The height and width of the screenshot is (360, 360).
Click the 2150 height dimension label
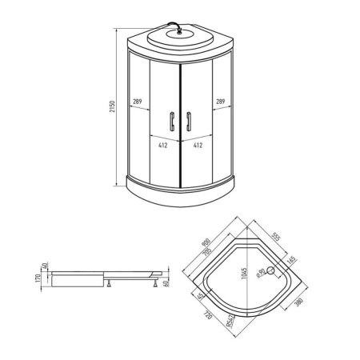(113, 106)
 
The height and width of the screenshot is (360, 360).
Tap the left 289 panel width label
(138, 102)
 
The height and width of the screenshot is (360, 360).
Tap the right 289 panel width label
(221, 102)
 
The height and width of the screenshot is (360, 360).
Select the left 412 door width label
(163, 146)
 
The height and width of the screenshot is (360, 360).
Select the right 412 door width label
(198, 146)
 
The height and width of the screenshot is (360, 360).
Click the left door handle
(172, 122)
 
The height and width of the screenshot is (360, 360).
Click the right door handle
(189, 122)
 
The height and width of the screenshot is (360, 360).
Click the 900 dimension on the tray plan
(206, 242)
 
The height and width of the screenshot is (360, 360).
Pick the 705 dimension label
(207, 251)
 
